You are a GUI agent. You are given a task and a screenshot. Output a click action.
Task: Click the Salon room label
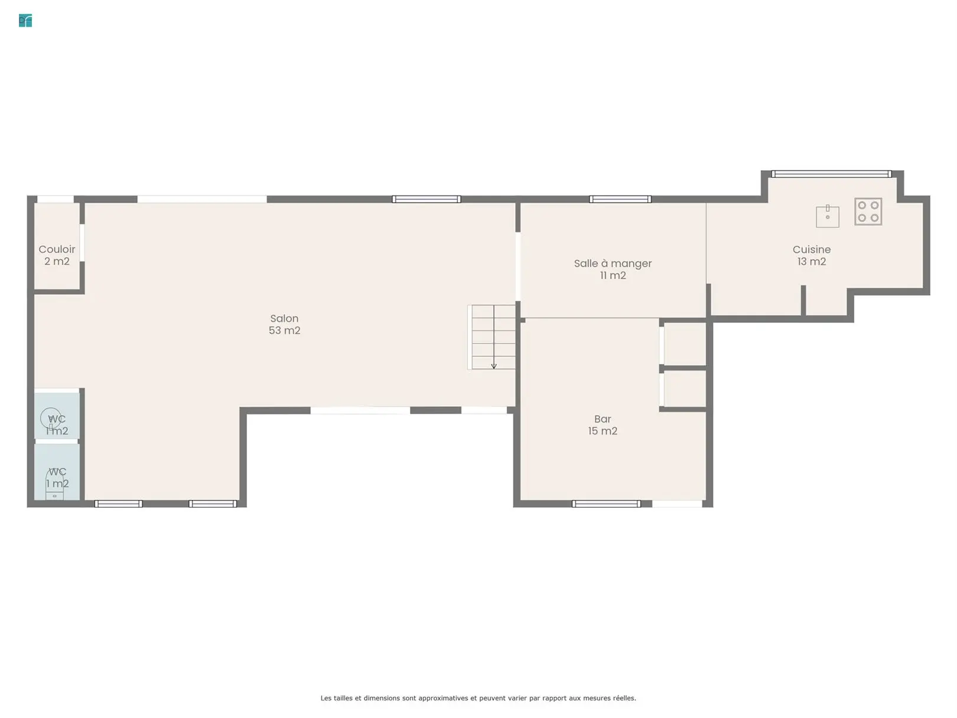(x=284, y=319)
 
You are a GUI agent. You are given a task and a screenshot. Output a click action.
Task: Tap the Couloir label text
(x=57, y=249)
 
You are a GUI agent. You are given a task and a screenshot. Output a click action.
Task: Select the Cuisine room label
(x=811, y=249)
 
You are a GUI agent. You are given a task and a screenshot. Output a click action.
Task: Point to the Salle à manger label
(x=613, y=264)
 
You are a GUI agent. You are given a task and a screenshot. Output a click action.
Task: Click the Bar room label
(x=603, y=419)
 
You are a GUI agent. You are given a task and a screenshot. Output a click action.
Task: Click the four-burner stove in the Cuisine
(x=868, y=212)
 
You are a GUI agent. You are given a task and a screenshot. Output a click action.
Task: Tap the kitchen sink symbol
(x=827, y=216)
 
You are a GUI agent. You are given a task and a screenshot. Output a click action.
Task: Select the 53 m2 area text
(x=284, y=330)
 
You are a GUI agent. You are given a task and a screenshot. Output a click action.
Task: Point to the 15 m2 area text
(x=603, y=431)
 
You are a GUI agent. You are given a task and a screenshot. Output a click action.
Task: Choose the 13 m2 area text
(x=811, y=262)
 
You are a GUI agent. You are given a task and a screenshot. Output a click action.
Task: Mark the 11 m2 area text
(x=613, y=275)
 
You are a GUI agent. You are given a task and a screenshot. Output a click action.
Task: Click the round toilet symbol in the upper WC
(x=51, y=418)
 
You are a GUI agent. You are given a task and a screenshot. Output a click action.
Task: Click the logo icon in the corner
(x=25, y=21)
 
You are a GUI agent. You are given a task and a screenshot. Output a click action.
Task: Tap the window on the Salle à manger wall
(x=620, y=199)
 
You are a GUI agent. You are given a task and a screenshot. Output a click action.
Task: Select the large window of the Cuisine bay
(x=831, y=174)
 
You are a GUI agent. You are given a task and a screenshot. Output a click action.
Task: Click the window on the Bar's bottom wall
(x=606, y=504)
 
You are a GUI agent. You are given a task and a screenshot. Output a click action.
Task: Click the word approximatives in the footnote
(x=443, y=698)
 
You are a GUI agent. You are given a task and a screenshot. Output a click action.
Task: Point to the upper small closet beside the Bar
(x=685, y=344)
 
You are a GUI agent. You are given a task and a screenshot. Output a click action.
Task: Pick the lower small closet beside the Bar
(x=685, y=389)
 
